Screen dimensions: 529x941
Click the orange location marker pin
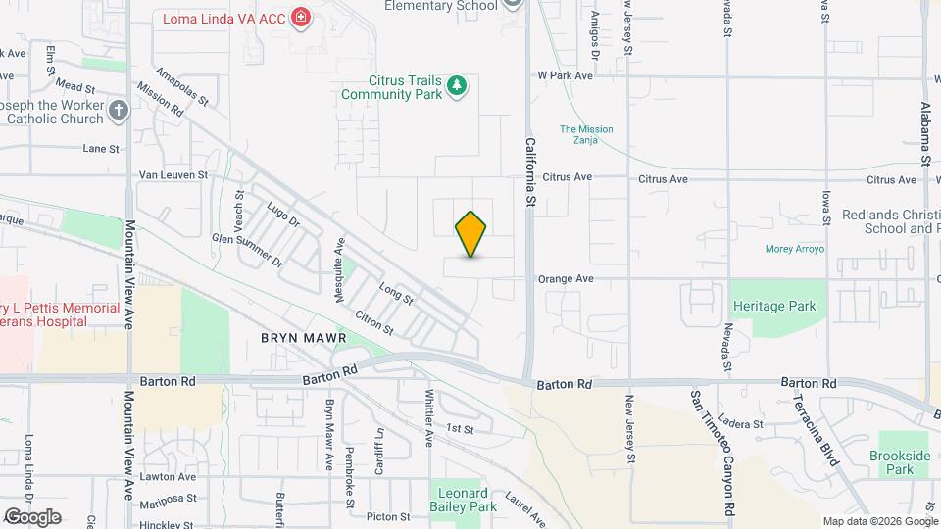coord(471,233)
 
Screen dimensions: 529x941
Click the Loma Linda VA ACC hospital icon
coord(300,18)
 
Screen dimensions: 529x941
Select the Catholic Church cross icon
coord(119,110)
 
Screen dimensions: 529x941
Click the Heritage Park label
coord(774,306)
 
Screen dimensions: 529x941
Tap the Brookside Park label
coord(899,463)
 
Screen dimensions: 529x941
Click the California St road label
coord(529,172)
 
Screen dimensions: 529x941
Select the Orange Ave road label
coord(566,279)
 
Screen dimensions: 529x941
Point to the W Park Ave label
coord(566,75)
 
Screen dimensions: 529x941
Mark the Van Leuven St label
coord(173,175)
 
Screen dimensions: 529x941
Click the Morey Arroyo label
coord(795,249)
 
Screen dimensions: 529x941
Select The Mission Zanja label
coord(586,135)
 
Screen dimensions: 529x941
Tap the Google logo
coord(31,516)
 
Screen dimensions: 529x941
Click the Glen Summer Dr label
coord(248,251)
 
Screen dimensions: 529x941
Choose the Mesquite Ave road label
coord(340,270)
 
